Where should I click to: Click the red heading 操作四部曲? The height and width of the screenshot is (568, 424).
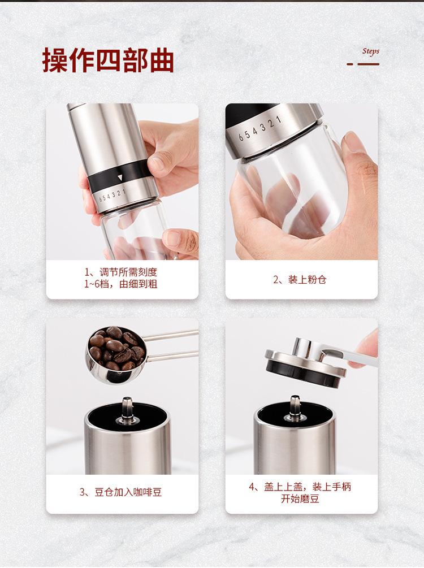108,60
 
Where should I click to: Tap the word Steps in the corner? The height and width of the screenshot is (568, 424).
370,51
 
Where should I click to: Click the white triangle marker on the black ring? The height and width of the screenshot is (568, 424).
120,177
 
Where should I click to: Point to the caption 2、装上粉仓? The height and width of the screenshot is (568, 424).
300,280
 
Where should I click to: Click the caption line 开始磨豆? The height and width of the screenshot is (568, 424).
300,499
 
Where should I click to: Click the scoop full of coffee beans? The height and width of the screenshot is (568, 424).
116,349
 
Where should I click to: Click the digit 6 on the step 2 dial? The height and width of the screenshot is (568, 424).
240,137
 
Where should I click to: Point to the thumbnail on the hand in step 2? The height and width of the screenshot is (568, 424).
354,142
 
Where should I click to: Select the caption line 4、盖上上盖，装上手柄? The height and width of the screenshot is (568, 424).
300,487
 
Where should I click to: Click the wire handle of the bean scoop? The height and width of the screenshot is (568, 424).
170,345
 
